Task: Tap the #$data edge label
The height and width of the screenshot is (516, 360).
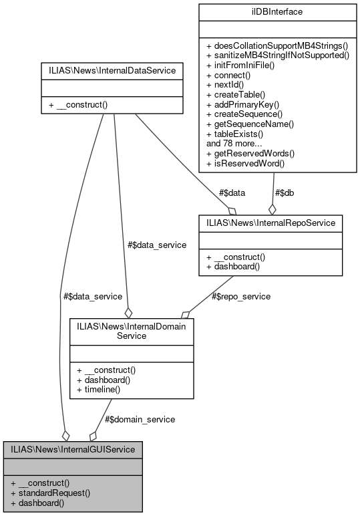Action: click(x=231, y=192)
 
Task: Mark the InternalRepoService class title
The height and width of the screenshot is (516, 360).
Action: click(x=271, y=222)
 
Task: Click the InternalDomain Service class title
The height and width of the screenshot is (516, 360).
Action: click(x=132, y=331)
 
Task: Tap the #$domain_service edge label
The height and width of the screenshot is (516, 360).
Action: click(x=140, y=419)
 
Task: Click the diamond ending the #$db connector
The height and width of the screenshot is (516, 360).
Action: click(x=271, y=207)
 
